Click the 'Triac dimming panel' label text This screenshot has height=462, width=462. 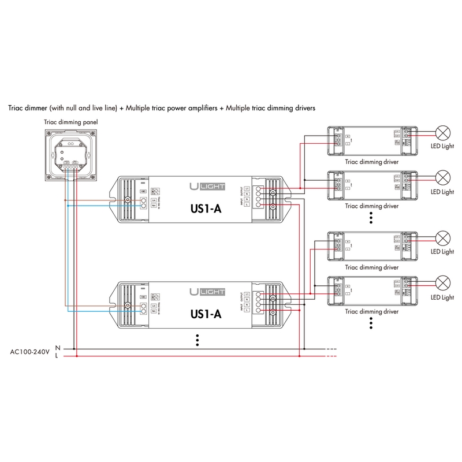point(71,122)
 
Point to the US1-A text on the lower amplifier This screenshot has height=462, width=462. point(206,314)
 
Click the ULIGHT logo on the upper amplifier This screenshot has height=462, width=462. point(207,187)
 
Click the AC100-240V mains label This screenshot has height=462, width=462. point(29,352)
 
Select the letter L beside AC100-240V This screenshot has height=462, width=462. point(57,356)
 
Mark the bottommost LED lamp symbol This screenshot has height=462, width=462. point(443,283)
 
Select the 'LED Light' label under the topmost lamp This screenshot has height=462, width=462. point(443,147)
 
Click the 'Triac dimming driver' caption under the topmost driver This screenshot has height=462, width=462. point(372,163)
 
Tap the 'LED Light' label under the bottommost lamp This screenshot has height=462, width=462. point(443,297)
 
